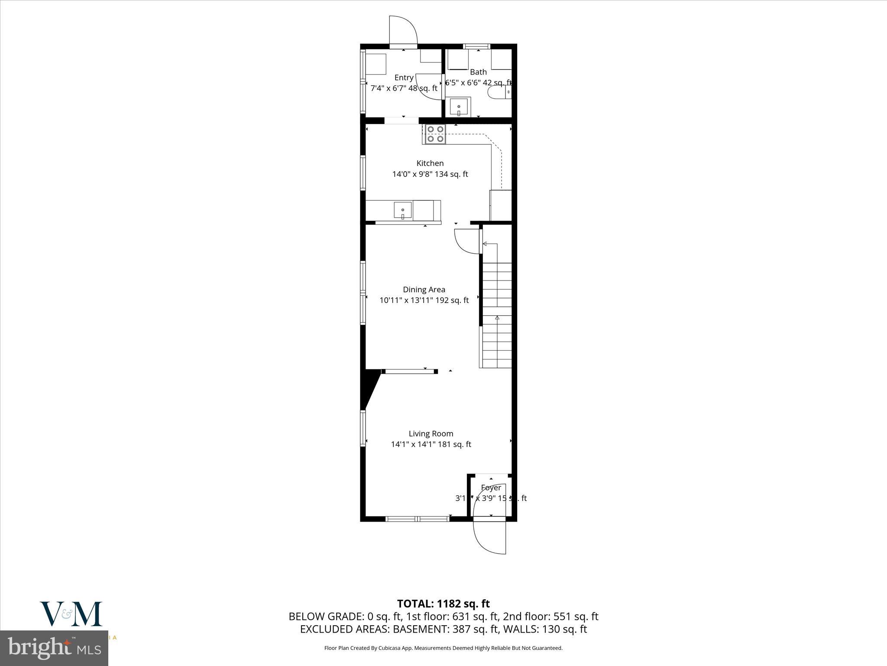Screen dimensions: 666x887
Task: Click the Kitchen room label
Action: point(430,163)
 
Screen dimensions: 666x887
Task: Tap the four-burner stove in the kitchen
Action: point(435,134)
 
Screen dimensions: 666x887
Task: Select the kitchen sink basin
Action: point(403,211)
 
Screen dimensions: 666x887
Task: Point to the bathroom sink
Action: point(459,106)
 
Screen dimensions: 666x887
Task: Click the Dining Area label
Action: point(424,290)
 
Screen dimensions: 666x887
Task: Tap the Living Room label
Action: point(431,434)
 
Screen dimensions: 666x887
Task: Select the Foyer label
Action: point(491,488)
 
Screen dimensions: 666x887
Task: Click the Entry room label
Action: point(404,78)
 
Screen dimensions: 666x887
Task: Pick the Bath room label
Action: point(478,72)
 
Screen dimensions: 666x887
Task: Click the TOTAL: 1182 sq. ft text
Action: point(443,604)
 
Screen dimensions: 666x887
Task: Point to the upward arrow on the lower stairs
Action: point(497,318)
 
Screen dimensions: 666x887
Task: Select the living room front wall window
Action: point(418,518)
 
